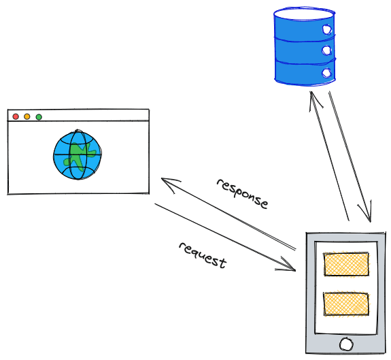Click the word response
point(243,194)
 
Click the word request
point(202,255)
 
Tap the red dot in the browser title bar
point(16,117)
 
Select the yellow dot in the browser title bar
point(27,117)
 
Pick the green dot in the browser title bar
point(39,117)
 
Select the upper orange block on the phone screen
point(346,264)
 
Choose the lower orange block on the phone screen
point(345,304)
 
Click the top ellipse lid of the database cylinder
point(304,13)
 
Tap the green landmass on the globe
point(80,157)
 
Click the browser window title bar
point(78,116)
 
